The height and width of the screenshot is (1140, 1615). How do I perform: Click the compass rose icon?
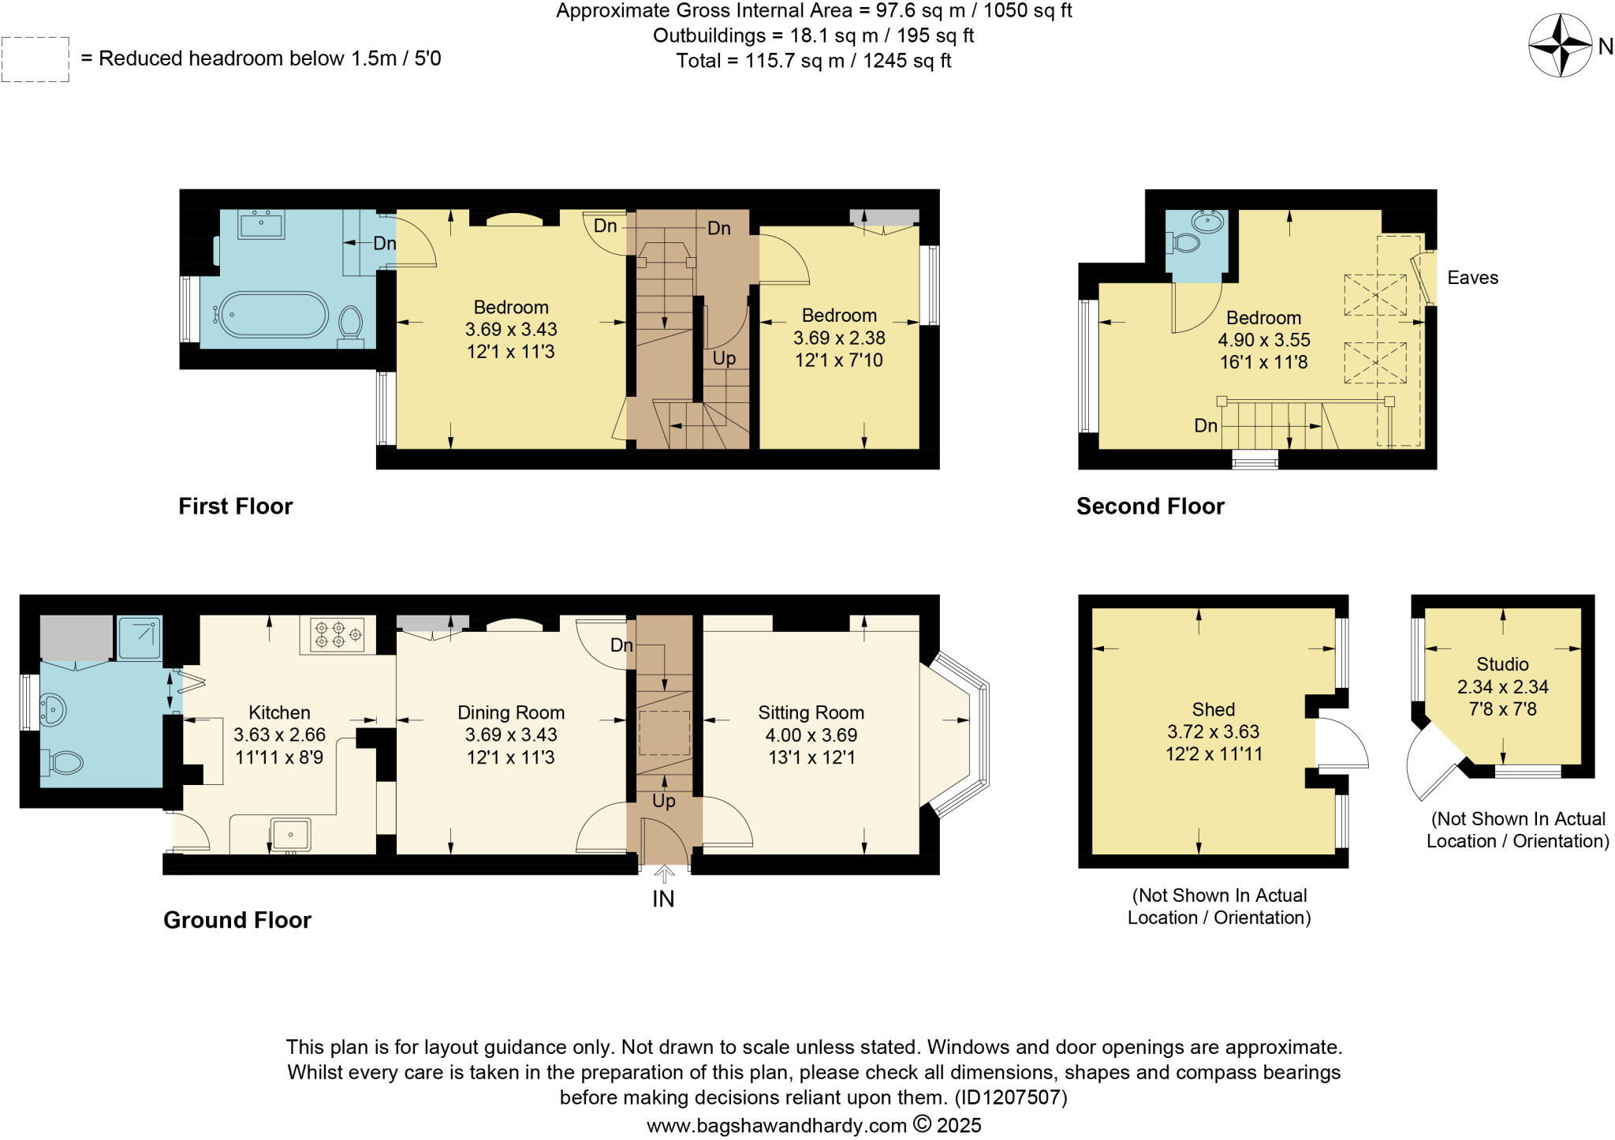(x=1560, y=46)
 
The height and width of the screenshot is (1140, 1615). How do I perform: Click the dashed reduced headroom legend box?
(x=35, y=59)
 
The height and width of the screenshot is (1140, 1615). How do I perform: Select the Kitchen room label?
(x=279, y=712)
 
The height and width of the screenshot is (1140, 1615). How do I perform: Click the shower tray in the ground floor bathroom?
(x=140, y=637)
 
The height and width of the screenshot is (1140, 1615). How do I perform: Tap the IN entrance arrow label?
(x=663, y=898)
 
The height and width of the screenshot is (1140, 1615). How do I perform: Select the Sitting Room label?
(x=811, y=712)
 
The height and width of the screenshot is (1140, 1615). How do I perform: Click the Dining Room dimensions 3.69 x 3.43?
(x=511, y=734)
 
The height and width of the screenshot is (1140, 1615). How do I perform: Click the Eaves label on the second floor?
(x=1472, y=278)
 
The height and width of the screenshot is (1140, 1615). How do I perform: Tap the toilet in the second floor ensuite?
(x=1185, y=242)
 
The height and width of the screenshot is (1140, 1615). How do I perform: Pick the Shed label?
(x=1213, y=709)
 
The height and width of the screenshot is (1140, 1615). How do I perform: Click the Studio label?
(x=1502, y=664)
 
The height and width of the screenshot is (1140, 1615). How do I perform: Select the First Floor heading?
(x=235, y=506)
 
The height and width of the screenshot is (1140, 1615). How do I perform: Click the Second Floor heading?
(x=1150, y=506)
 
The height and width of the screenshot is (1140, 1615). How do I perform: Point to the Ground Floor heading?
(x=237, y=920)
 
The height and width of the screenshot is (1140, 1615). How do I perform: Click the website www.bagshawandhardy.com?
(x=777, y=1125)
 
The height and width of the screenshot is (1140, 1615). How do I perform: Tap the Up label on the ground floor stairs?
(x=663, y=801)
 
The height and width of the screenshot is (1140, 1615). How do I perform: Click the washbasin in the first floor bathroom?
(x=260, y=225)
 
